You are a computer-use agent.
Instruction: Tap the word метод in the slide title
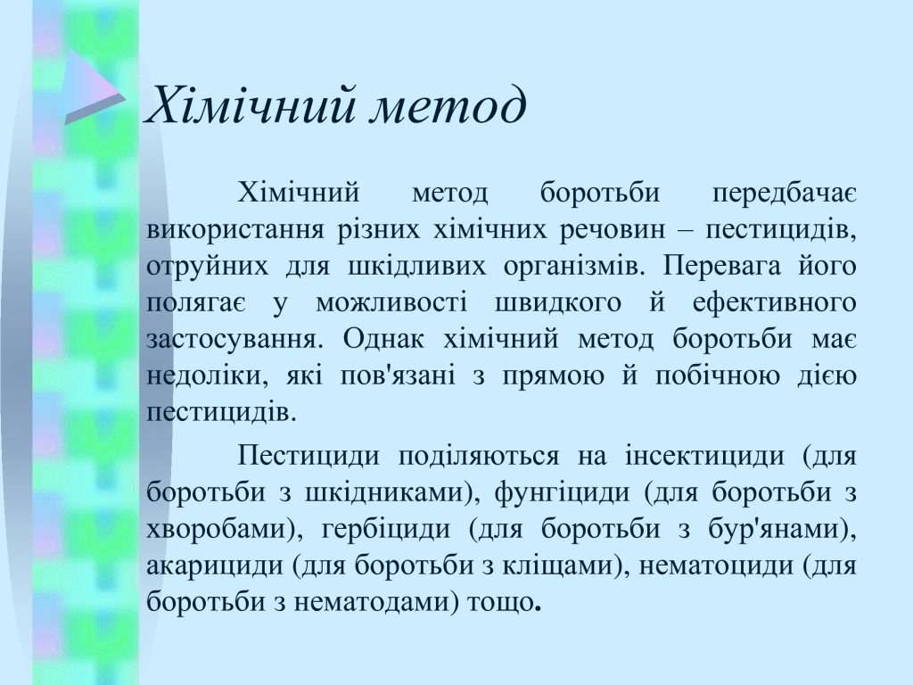click(x=448, y=107)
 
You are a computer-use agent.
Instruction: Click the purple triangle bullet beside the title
click(x=95, y=87)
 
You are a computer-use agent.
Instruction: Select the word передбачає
click(x=785, y=194)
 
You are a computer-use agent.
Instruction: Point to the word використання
click(x=234, y=229)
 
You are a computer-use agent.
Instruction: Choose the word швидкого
click(x=558, y=303)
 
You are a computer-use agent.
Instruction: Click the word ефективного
click(x=775, y=303)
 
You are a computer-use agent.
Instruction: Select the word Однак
click(x=383, y=339)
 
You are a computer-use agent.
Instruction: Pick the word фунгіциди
click(x=562, y=492)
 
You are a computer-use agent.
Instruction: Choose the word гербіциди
click(x=385, y=529)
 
